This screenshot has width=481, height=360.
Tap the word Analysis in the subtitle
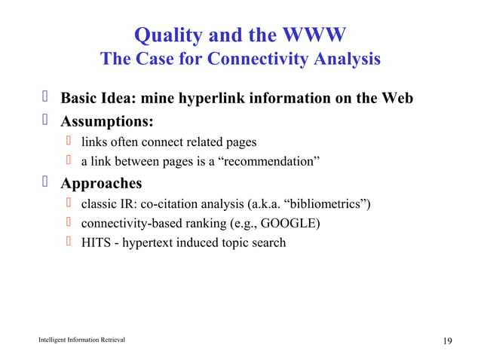click(343, 59)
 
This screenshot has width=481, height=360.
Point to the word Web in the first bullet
click(397, 99)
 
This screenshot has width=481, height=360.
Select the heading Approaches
click(101, 183)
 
